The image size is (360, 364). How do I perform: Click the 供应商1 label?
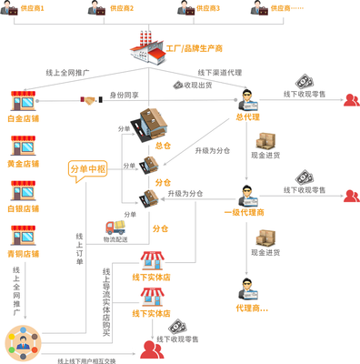(x=36, y=8)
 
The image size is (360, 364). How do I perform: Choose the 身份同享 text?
(x=124, y=94)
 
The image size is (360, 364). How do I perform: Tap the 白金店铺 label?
(x=24, y=118)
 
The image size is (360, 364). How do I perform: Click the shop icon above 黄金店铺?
(x=24, y=145)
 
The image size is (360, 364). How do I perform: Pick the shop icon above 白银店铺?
(x=24, y=189)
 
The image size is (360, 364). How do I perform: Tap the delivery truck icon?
(x=116, y=226)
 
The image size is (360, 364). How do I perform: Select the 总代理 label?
(x=247, y=116)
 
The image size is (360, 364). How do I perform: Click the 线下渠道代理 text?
(x=218, y=73)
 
